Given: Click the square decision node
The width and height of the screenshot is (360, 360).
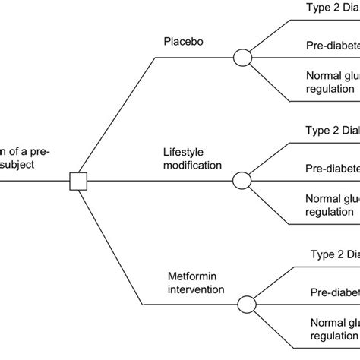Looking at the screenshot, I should (78, 181).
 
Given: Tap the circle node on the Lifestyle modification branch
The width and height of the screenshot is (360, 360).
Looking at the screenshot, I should (242, 181).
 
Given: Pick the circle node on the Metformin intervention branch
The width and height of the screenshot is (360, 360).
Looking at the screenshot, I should (247, 305).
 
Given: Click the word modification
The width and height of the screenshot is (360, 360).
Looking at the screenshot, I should (193, 165).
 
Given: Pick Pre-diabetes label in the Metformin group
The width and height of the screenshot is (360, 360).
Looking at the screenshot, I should (334, 292).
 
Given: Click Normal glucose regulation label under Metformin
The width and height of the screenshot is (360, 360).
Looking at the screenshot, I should (334, 330).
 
